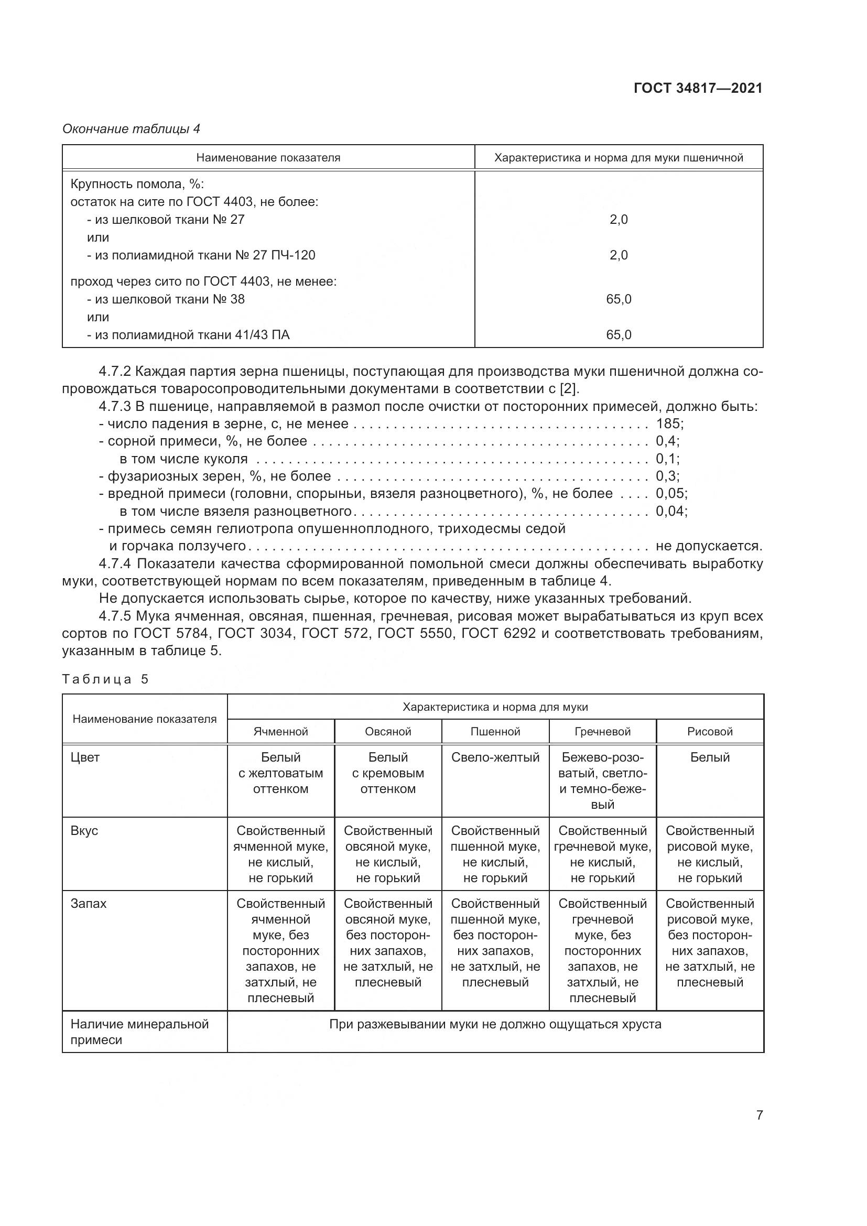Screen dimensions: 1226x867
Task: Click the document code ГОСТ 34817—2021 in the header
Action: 698,88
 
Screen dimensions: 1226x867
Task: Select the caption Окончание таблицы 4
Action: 132,129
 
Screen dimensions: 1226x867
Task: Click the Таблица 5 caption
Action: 105,679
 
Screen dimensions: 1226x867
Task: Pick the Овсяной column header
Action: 388,732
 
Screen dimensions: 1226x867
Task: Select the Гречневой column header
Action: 603,732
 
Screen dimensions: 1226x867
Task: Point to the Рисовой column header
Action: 710,732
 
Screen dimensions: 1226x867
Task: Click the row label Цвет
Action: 85,757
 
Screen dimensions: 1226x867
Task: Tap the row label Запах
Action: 89,904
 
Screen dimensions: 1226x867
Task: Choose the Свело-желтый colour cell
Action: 495,757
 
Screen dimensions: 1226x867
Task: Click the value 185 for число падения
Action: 668,424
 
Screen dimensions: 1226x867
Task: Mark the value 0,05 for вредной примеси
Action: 670,493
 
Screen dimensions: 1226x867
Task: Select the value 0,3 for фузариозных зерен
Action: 666,476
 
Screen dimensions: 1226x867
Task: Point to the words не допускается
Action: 709,546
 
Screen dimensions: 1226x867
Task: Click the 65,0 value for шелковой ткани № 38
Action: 619,299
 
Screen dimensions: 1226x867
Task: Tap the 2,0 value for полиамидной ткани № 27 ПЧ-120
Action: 619,255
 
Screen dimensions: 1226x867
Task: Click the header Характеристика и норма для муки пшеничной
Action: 619,158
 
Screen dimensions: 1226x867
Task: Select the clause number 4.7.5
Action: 115,616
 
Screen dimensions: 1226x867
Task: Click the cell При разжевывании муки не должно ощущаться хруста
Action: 495,1024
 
